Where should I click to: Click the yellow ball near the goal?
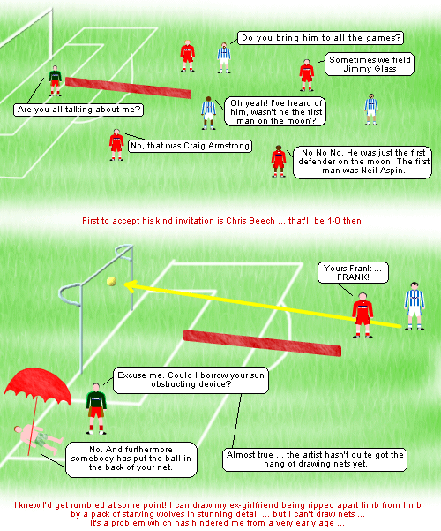tap(111, 281)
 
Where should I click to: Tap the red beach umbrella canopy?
tap(37, 385)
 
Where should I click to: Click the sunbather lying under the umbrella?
tap(38, 439)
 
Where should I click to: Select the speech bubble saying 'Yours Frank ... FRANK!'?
tap(353, 273)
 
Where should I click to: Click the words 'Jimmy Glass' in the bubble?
tap(370, 69)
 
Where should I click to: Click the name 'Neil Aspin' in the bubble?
tap(383, 171)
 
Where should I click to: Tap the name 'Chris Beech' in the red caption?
tap(250, 221)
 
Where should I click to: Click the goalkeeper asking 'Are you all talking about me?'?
tap(55, 81)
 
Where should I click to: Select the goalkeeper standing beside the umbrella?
tap(96, 408)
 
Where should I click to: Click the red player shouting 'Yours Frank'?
tap(363, 315)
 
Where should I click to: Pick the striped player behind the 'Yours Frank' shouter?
tap(415, 306)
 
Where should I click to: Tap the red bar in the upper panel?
tap(128, 87)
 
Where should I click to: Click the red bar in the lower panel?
tap(262, 343)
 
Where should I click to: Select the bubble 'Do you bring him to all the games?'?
tap(320, 38)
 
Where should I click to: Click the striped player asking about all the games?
tap(224, 58)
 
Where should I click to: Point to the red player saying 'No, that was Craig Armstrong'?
tap(116, 145)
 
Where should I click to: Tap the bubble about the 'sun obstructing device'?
tap(191, 380)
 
